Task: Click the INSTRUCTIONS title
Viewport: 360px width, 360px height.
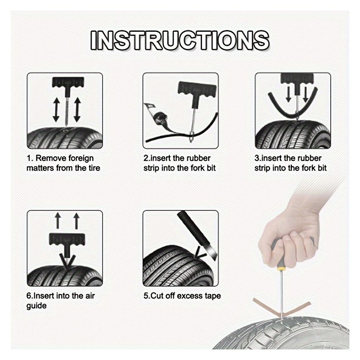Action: click(x=180, y=41)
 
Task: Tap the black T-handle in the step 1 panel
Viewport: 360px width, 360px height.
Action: click(x=65, y=83)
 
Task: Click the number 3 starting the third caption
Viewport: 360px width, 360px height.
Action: click(x=257, y=158)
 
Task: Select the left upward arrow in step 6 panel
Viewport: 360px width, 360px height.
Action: click(x=58, y=222)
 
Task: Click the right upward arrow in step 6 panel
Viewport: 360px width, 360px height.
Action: click(x=76, y=222)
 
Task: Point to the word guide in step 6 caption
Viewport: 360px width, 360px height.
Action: click(x=36, y=305)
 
